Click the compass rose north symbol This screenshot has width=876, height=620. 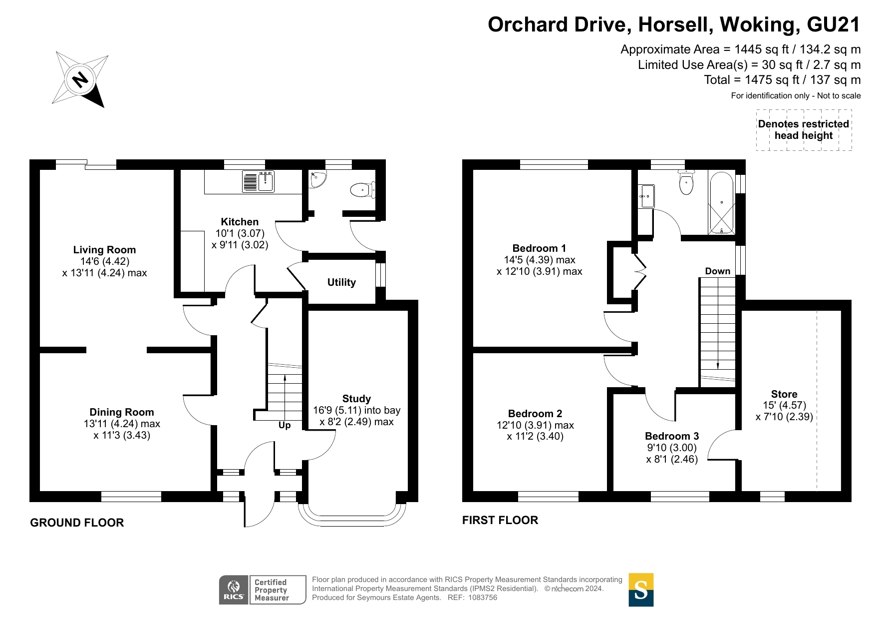[80, 79]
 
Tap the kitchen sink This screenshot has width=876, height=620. [258, 181]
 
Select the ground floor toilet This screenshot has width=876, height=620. [363, 190]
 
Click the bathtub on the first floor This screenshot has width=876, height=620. [721, 203]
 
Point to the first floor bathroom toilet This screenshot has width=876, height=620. [686, 182]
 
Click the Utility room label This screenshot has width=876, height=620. [341, 282]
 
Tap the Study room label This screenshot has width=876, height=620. [356, 399]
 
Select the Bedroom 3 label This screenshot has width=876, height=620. [672, 436]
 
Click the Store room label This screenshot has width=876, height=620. [784, 394]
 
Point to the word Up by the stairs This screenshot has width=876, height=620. [285, 425]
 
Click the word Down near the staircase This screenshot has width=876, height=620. [718, 271]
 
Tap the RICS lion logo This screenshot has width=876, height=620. [234, 590]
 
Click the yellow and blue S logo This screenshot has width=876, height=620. [641, 590]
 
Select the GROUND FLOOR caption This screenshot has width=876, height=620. [77, 523]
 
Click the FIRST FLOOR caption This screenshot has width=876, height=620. [500, 520]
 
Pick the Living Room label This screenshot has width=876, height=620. [104, 250]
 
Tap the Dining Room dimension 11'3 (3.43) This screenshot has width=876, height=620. [122, 435]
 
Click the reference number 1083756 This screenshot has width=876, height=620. [482, 598]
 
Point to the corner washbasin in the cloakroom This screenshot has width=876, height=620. [317, 179]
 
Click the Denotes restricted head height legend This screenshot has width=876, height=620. [804, 130]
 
